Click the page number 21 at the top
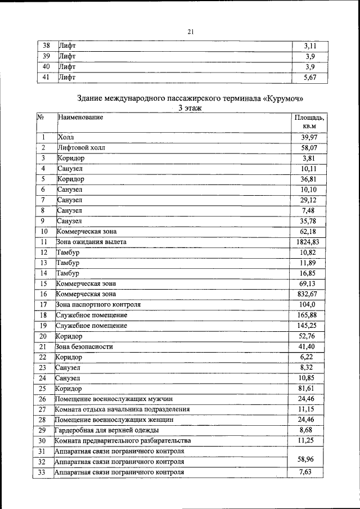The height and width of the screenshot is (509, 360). click(x=190, y=32)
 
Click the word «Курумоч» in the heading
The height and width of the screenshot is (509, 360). click(x=284, y=98)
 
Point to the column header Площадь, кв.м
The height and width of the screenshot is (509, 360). click(x=309, y=122)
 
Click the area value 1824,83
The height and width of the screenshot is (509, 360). click(x=308, y=242)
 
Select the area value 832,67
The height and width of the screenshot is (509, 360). click(x=308, y=294)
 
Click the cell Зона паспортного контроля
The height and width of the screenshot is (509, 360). click(x=98, y=304)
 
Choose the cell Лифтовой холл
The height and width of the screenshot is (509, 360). click(x=81, y=148)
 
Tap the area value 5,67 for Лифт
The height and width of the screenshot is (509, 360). click(x=310, y=78)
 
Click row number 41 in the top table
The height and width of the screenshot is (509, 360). click(x=47, y=78)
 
